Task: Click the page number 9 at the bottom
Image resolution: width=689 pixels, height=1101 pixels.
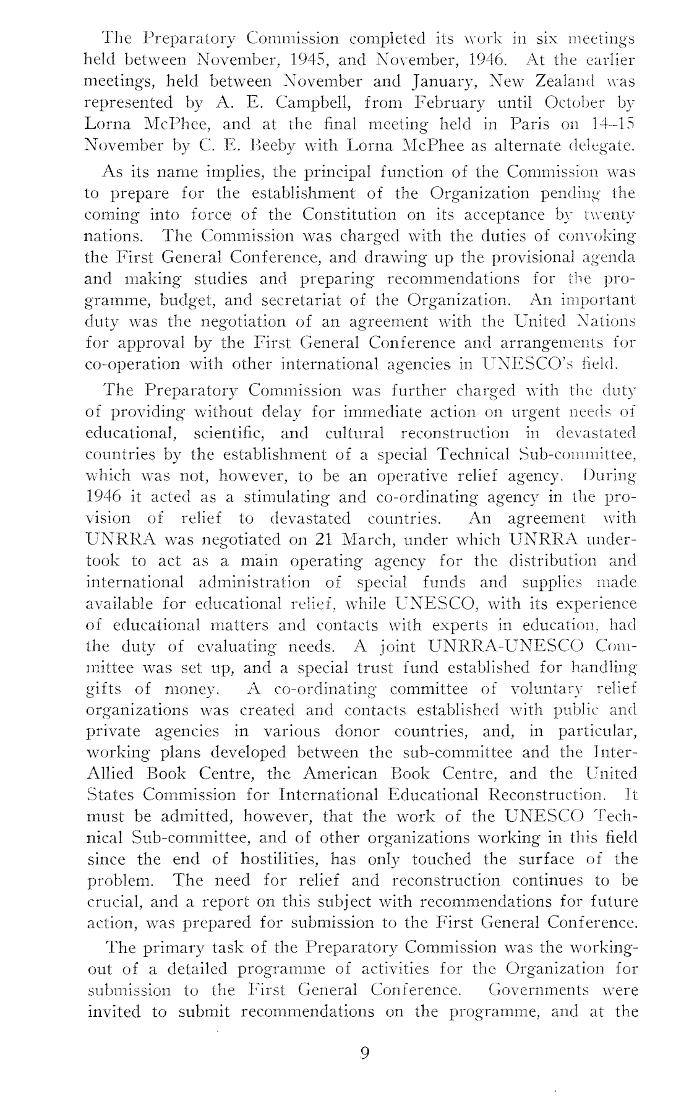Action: (x=364, y=1053)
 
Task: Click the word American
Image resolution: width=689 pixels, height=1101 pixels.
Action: (x=340, y=774)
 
